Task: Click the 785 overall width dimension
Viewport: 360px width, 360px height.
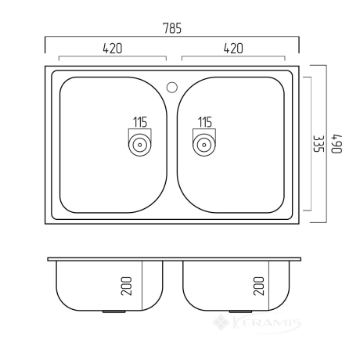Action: point(172,28)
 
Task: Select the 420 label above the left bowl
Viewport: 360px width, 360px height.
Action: point(113,49)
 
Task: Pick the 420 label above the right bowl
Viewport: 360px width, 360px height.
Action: point(233,49)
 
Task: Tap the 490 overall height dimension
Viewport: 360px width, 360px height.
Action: point(337,144)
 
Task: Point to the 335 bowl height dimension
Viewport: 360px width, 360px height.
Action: point(319,144)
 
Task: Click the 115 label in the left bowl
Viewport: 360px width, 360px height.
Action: point(140,122)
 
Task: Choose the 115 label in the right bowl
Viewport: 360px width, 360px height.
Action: point(205,122)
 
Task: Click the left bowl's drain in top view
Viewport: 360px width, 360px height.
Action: point(140,145)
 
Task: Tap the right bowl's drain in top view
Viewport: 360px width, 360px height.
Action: point(204,145)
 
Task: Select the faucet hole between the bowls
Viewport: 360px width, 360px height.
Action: point(172,87)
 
